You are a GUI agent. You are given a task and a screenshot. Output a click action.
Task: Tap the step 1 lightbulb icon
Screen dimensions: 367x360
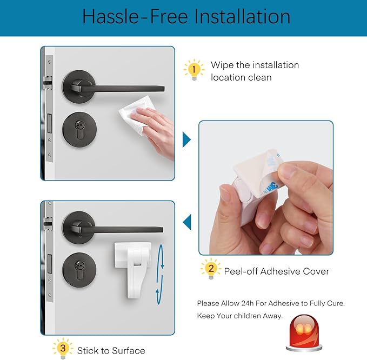(194, 70)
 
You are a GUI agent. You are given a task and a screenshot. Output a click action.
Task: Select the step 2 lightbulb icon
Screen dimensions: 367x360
(211, 269)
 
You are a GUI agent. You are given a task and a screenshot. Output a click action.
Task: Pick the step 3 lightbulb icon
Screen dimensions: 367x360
(63, 348)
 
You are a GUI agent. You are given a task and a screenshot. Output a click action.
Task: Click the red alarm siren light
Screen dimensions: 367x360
(304, 332)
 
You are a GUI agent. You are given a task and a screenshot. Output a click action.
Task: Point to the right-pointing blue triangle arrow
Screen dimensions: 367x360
(186, 140)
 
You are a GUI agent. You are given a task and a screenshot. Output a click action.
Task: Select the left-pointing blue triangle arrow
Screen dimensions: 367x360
(187, 222)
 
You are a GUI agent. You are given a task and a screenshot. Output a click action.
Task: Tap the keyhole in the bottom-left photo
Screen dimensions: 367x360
(79, 270)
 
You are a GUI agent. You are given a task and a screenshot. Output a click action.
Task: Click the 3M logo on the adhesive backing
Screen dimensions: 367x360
(272, 189)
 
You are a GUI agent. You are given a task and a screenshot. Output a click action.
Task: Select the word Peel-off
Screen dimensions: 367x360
(241, 271)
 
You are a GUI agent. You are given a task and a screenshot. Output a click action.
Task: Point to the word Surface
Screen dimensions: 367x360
(128, 351)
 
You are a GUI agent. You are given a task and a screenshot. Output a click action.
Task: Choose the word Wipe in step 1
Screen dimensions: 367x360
(222, 65)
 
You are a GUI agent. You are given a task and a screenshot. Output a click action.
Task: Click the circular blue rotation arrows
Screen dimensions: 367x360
(160, 275)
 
